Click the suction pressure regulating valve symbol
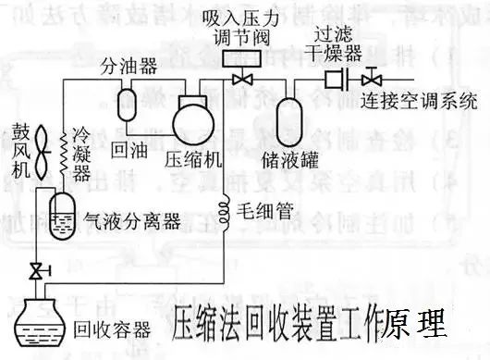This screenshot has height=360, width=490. (243, 80)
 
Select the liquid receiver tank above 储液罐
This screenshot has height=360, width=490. (297, 112)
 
